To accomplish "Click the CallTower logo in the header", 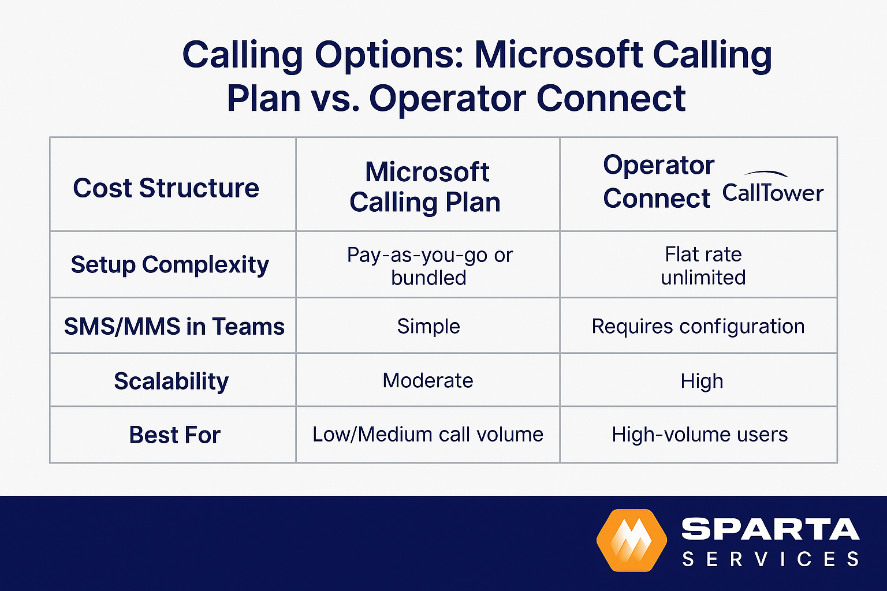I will click(773, 189).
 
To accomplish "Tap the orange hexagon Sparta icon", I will click(631, 541).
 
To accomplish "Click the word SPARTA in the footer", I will click(770, 529).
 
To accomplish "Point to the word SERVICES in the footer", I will click(770, 559).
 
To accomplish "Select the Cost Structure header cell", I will click(166, 188).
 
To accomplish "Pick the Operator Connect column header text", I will click(658, 182).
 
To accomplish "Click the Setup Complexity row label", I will click(170, 265).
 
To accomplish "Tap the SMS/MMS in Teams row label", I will click(174, 327).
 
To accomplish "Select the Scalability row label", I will click(171, 381).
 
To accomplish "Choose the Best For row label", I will click(174, 435).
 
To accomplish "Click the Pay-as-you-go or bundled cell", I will click(429, 266).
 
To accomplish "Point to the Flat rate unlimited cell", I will click(703, 266).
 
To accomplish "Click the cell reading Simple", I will click(428, 327).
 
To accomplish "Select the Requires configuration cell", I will click(698, 327).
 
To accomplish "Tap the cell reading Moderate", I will click(427, 381).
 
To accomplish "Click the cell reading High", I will click(701, 381).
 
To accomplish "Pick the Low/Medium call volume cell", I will click(427, 435).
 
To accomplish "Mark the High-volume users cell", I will click(699, 435).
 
